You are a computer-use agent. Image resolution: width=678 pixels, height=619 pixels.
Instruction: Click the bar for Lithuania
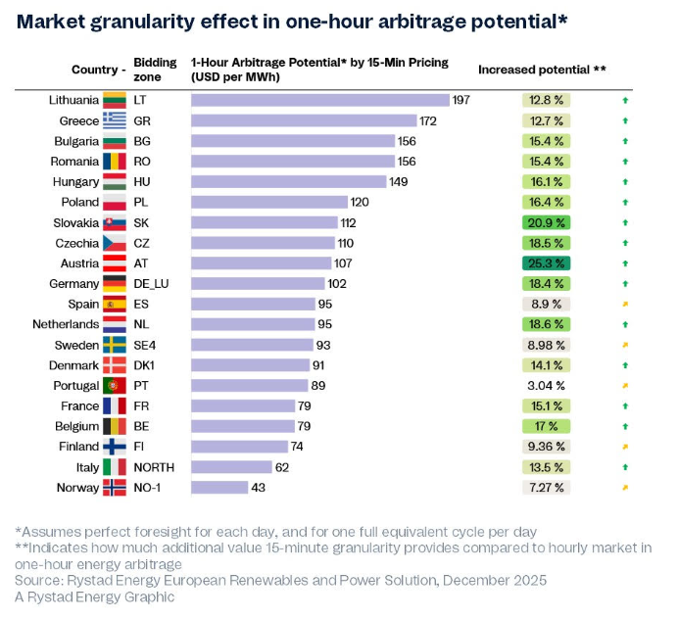coord(319,100)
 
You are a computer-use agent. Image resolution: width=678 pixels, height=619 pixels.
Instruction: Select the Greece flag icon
coord(115,120)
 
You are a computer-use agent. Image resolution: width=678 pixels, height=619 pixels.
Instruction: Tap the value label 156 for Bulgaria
coord(408,141)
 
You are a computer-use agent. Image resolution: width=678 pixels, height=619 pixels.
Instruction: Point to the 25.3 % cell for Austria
coord(546,262)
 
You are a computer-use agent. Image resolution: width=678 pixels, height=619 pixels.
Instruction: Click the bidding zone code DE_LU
coord(152,283)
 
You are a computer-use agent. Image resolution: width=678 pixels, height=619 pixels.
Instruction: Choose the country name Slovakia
coord(74,222)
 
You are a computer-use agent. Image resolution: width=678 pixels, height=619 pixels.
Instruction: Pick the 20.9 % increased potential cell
coord(546,222)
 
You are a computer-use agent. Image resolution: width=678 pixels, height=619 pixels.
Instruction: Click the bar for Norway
coord(219,487)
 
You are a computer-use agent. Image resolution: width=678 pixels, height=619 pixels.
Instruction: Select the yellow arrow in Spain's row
coord(625,304)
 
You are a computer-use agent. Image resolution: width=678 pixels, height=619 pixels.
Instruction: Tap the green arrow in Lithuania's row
coord(625,100)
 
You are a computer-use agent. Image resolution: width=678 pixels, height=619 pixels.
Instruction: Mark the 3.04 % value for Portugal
coord(546,385)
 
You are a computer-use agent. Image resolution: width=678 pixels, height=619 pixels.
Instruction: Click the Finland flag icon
coord(115,447)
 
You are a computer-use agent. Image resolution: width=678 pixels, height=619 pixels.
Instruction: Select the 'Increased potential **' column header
coord(542,70)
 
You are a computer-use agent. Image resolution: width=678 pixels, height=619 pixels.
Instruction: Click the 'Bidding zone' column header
coord(155,70)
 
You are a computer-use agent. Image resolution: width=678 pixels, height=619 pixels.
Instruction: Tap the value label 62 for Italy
coord(282,467)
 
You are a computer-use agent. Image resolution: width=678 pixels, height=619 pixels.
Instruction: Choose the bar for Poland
coord(269,202)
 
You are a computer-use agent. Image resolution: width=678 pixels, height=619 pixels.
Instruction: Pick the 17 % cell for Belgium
coord(546,426)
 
